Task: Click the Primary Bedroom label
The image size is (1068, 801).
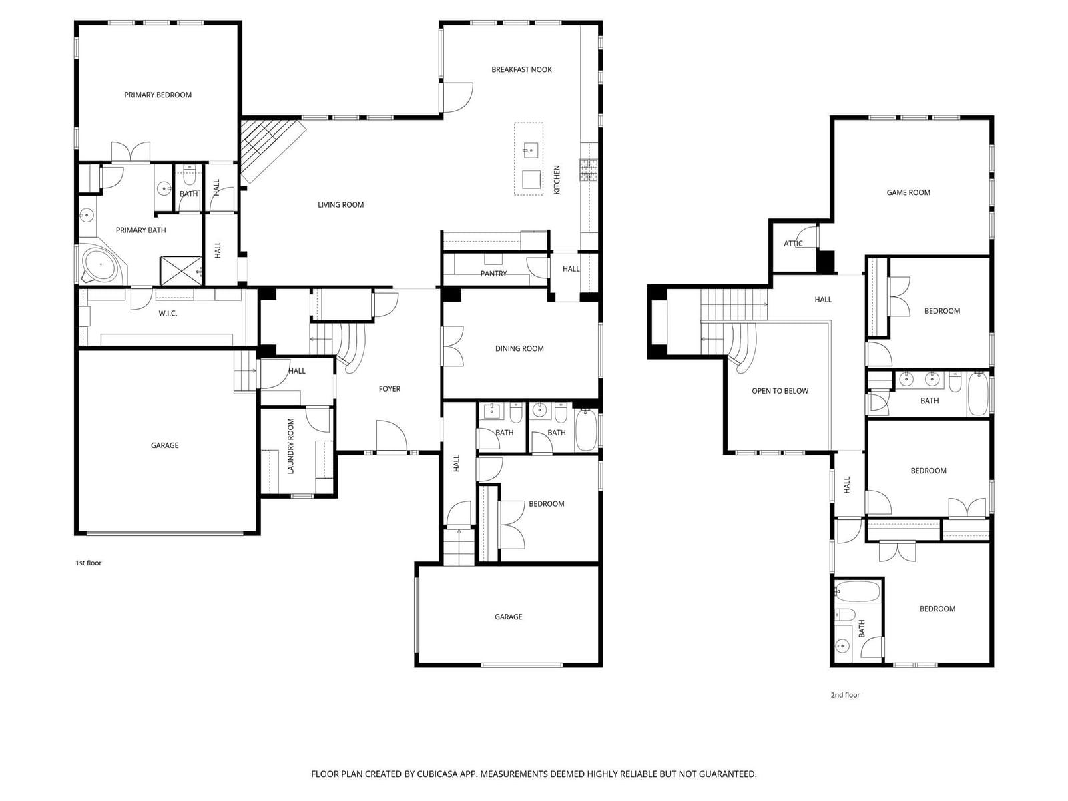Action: [158, 95]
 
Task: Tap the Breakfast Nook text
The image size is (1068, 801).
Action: [521, 69]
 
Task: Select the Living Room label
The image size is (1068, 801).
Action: [340, 205]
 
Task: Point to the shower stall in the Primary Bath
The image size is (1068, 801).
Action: [181, 271]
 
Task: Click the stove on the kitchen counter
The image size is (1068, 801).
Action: [588, 170]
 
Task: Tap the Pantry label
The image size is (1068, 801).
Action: [493, 273]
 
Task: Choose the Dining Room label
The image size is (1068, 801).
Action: [519, 348]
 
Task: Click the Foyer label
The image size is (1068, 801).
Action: [390, 388]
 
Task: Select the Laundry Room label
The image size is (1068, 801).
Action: [290, 446]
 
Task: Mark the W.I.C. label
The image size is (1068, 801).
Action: [168, 313]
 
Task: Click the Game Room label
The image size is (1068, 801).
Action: [908, 192]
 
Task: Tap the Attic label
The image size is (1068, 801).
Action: [793, 243]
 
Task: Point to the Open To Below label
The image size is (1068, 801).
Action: [780, 390]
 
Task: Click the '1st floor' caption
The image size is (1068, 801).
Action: [89, 563]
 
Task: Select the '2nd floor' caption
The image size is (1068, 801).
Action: [845, 694]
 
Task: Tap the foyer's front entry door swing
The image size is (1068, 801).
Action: [392, 436]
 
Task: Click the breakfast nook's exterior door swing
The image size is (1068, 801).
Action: [457, 97]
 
